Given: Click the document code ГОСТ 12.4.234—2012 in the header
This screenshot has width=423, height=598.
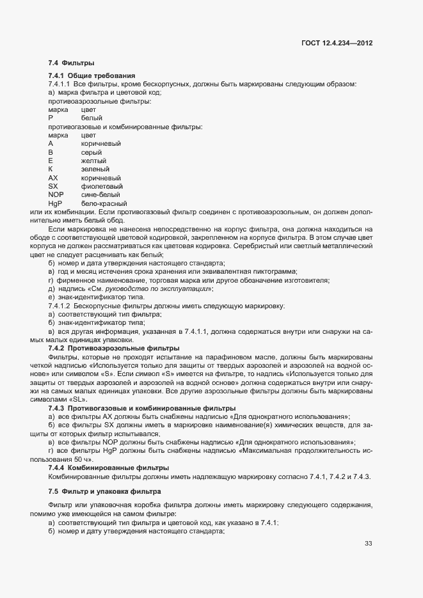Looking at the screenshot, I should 337,43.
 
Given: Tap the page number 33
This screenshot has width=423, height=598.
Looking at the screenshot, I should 368,544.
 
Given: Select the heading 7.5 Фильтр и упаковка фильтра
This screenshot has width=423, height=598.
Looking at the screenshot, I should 106,491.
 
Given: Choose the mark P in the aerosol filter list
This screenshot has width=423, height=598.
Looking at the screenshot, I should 51,118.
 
